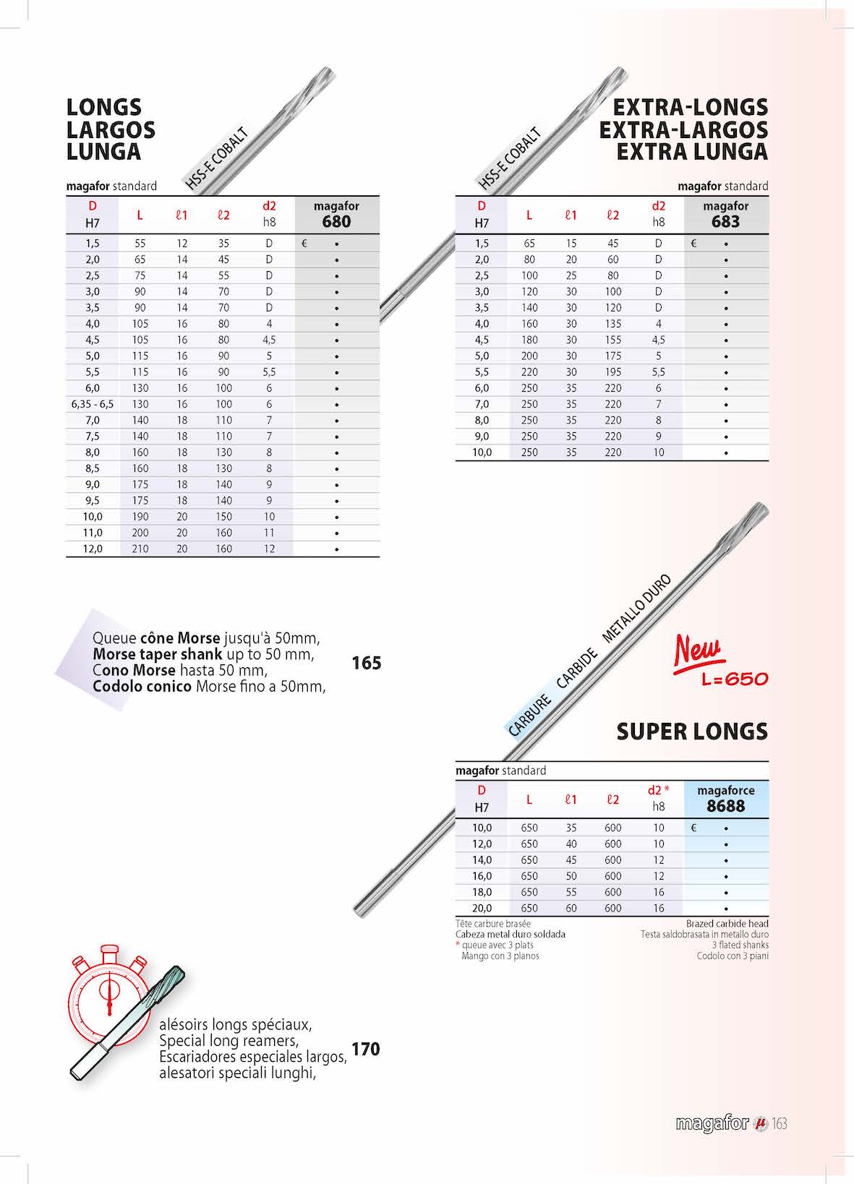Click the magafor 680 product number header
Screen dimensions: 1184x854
pos(336,221)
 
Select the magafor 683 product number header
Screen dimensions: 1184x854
pos(725,221)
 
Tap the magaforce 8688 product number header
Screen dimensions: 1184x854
pos(725,806)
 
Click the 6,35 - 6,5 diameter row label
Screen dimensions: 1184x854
pos(93,404)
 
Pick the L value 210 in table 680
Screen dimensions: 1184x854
pos(140,549)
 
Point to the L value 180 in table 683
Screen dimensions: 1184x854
pos(529,340)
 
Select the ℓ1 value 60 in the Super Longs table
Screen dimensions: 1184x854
pos(571,908)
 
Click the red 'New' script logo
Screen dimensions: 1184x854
pos(699,651)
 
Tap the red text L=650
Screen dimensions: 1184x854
pos(735,679)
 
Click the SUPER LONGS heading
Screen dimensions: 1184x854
pos(692,732)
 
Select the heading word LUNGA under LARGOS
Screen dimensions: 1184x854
pos(103,152)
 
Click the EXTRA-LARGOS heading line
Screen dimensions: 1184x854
pos(683,130)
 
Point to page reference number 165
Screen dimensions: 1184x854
pos(366,663)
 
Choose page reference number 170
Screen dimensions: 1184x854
pos(365,1049)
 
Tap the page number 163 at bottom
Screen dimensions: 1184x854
pos(779,1124)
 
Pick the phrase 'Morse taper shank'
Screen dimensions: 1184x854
pos(158,654)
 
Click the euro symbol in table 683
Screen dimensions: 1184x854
pos(693,244)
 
